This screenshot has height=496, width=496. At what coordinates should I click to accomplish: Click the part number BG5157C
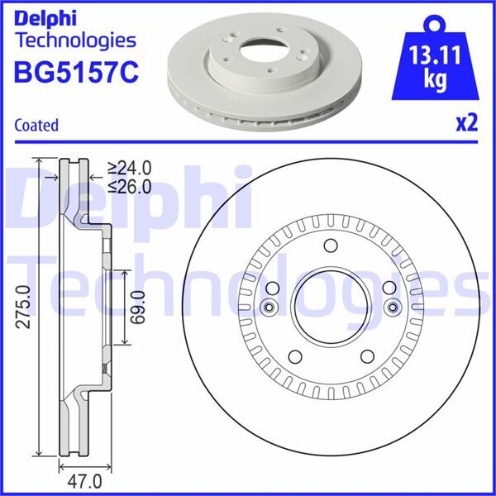(x=72, y=73)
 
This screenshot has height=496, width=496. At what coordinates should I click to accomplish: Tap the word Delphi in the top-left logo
(x=47, y=17)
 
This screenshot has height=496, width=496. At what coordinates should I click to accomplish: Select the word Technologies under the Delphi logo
(x=75, y=40)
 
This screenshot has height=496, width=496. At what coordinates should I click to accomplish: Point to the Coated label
(x=36, y=126)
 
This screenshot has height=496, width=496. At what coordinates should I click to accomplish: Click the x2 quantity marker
(x=467, y=123)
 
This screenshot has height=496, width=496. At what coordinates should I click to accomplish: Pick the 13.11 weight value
(x=436, y=59)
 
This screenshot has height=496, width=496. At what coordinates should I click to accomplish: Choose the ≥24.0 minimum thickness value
(x=131, y=171)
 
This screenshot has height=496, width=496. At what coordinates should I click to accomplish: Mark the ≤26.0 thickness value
(x=131, y=187)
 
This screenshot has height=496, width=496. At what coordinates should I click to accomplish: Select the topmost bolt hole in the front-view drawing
(x=331, y=246)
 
